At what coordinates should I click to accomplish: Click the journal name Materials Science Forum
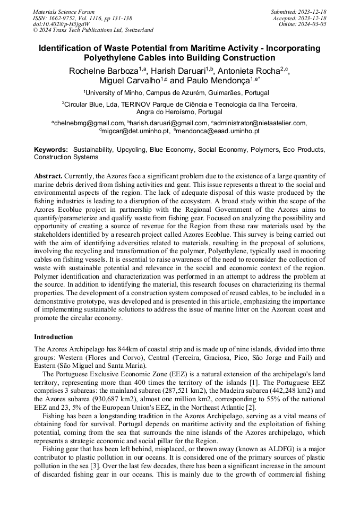(x=64, y=12)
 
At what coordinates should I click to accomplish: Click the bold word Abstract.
(x=48, y=176)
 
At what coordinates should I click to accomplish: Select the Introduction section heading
(x=54, y=337)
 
